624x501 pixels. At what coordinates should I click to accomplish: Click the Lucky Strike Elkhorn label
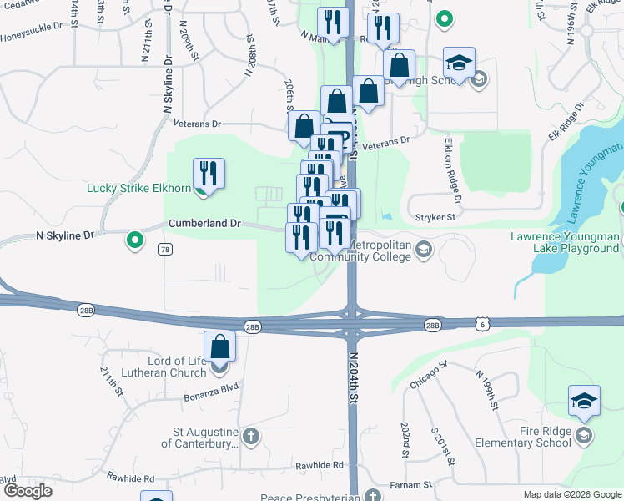[x=138, y=188]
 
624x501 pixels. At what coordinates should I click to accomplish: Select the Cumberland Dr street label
[x=204, y=224]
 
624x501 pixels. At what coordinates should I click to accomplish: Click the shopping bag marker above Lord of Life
[x=219, y=347]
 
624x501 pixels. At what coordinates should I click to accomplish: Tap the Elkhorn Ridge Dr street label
[x=453, y=171]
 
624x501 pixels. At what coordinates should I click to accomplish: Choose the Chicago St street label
[x=429, y=375]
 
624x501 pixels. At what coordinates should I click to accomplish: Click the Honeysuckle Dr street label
[x=32, y=38]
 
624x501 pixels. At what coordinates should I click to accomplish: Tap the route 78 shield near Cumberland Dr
[x=165, y=250]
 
